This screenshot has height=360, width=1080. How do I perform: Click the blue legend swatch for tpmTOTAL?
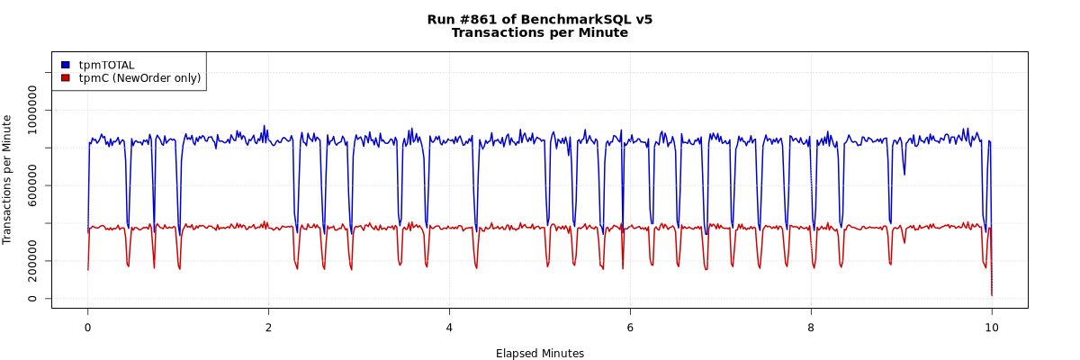(x=66, y=65)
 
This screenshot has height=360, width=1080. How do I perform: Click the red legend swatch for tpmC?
(x=66, y=78)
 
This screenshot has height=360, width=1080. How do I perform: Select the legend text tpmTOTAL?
(x=106, y=65)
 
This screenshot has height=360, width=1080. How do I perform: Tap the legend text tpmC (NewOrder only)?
(x=139, y=78)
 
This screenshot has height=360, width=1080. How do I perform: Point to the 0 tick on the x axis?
(x=87, y=328)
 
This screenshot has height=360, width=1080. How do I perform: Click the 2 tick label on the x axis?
(x=268, y=328)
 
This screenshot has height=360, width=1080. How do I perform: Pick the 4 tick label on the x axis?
(x=449, y=328)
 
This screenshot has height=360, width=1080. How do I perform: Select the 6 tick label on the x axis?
(x=630, y=328)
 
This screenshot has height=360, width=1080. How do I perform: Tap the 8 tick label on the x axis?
(x=811, y=328)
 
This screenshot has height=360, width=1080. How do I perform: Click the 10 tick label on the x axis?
(x=992, y=328)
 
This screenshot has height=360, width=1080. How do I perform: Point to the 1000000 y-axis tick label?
(x=33, y=110)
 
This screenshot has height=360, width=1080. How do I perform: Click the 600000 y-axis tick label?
(x=33, y=185)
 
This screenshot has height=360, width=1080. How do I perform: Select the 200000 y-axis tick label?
(x=33, y=261)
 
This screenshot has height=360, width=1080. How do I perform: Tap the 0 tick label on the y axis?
(x=33, y=299)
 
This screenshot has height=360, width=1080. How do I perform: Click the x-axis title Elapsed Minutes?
(x=539, y=354)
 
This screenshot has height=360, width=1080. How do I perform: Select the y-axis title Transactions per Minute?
(x=8, y=179)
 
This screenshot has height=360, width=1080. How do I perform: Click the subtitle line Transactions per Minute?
(x=539, y=32)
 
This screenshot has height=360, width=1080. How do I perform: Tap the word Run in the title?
(x=441, y=19)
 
